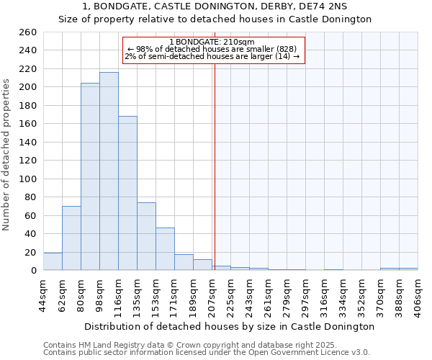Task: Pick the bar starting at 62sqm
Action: tap(71, 238)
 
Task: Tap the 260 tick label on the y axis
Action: tap(29, 32)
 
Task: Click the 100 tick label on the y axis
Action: tap(29, 179)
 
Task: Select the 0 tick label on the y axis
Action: tap(34, 271)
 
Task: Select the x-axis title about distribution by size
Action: tap(230, 326)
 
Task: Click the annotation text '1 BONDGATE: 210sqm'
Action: tap(214, 42)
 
